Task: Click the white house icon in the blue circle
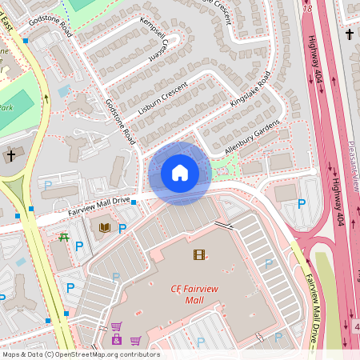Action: pyautogui.click(x=180, y=172)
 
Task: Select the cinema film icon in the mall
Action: pyautogui.click(x=198, y=254)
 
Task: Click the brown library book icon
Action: pyautogui.click(x=104, y=228)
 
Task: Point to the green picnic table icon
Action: pyautogui.click(x=63, y=238)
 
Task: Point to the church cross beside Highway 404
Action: pyautogui.click(x=350, y=34)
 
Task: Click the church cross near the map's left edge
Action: pyautogui.click(x=11, y=154)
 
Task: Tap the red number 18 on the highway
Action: pyautogui.click(x=308, y=9)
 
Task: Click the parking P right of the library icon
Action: pyautogui.click(x=122, y=229)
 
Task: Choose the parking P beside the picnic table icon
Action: pyautogui.click(x=79, y=246)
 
